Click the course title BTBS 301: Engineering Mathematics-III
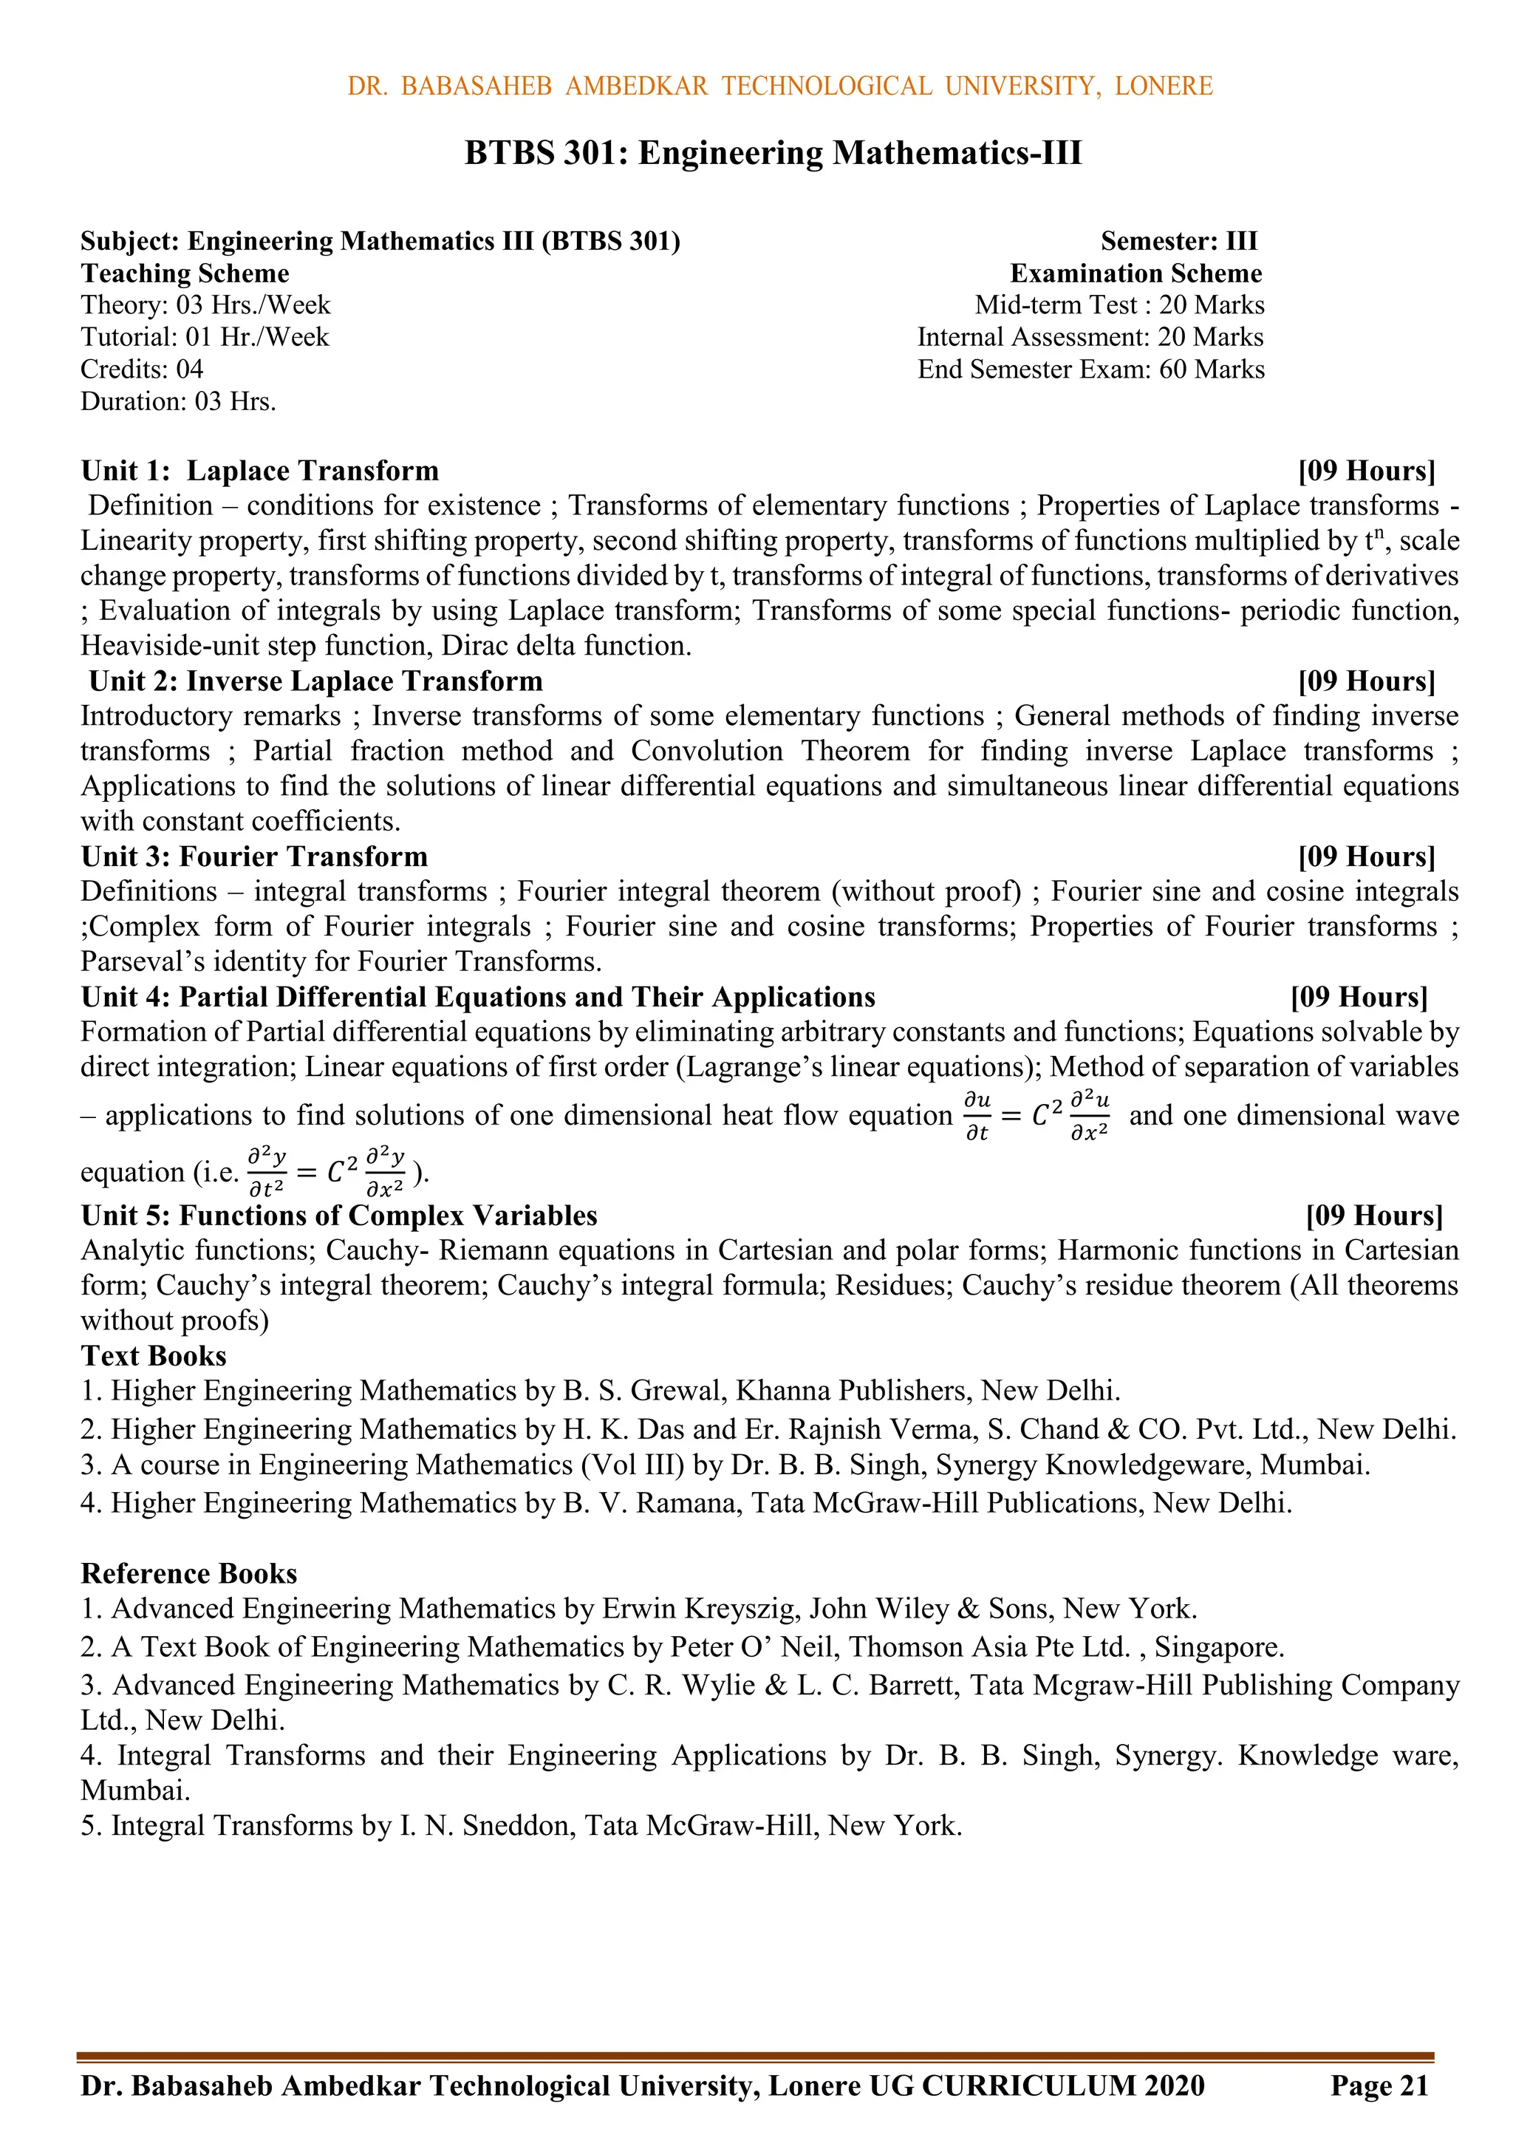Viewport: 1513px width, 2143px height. click(x=773, y=152)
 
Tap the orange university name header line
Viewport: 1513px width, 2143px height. click(x=779, y=86)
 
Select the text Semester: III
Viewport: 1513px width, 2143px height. click(x=1179, y=241)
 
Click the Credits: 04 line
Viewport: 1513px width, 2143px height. click(x=142, y=369)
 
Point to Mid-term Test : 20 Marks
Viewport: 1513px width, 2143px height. click(x=1119, y=305)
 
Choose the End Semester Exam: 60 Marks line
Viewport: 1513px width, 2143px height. click(x=1090, y=369)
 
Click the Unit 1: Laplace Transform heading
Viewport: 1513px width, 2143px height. click(x=259, y=471)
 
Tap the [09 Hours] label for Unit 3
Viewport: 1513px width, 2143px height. click(x=1365, y=856)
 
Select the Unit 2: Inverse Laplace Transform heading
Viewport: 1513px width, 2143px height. click(x=315, y=681)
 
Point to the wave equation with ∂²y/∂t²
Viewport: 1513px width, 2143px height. click(x=327, y=1172)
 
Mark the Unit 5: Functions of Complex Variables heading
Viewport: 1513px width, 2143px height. click(x=339, y=1216)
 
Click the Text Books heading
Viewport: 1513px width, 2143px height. click(x=154, y=1355)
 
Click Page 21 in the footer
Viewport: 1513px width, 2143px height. click(x=1379, y=2085)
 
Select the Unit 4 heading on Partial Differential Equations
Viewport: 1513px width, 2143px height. click(x=478, y=997)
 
